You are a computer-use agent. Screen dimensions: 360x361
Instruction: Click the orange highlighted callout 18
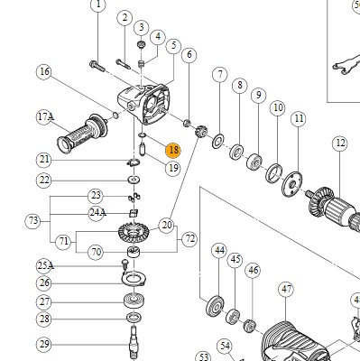click(x=173, y=150)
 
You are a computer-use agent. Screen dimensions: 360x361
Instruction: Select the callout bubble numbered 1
click(x=98, y=5)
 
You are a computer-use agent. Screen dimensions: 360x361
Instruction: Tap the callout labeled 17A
click(x=45, y=116)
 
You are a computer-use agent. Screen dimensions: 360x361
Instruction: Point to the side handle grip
click(x=82, y=134)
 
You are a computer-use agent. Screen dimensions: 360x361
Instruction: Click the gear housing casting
click(x=143, y=104)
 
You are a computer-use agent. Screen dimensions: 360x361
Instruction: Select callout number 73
click(x=32, y=221)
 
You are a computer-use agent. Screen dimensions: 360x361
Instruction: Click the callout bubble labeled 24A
click(x=97, y=213)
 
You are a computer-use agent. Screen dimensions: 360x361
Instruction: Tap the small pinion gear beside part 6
click(x=199, y=132)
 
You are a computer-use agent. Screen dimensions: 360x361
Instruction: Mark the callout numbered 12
click(x=340, y=143)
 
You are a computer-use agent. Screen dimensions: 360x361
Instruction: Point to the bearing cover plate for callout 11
click(x=292, y=184)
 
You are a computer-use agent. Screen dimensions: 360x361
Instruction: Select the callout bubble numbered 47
click(x=286, y=290)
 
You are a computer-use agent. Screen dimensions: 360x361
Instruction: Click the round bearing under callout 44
click(x=216, y=306)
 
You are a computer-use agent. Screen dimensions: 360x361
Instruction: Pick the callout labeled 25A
click(x=45, y=266)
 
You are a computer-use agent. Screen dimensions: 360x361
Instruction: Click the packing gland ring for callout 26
click(x=134, y=279)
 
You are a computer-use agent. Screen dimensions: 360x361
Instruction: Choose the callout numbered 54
click(x=225, y=347)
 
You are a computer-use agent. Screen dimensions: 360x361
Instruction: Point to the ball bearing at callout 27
click(x=134, y=301)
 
